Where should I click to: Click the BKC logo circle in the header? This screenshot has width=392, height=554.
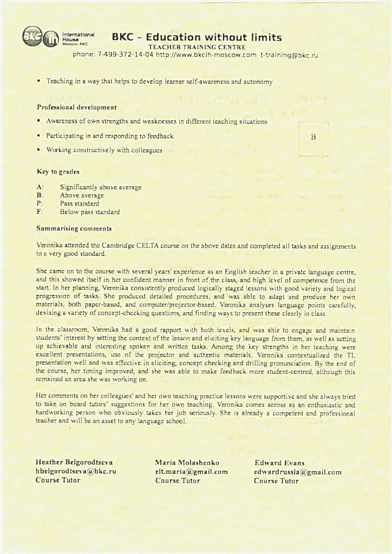tap(31, 36)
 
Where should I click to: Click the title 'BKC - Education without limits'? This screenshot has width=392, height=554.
tap(197, 37)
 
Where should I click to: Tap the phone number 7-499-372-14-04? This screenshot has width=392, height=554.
tap(123, 55)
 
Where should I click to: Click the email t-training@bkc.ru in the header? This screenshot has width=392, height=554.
tap(289, 55)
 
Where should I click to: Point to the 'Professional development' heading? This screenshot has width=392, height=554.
tap(76, 108)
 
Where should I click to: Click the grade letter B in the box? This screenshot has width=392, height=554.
tap(313, 137)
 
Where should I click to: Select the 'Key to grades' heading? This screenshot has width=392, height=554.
tap(58, 172)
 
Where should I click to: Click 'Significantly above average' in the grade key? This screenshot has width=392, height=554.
tap(101, 187)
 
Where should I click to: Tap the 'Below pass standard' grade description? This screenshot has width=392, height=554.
tap(90, 212)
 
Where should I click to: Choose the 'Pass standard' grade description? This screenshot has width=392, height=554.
tap(80, 204)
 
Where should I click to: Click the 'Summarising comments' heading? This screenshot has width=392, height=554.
tap(74, 228)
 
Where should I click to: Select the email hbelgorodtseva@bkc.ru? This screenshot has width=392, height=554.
tap(76, 471)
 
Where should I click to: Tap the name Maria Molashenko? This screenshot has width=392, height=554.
tap(187, 463)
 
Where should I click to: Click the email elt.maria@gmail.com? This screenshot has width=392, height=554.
tap(191, 471)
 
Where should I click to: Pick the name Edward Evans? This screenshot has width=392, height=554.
tap(279, 463)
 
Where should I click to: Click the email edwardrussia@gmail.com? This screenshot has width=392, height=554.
tap(298, 472)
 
